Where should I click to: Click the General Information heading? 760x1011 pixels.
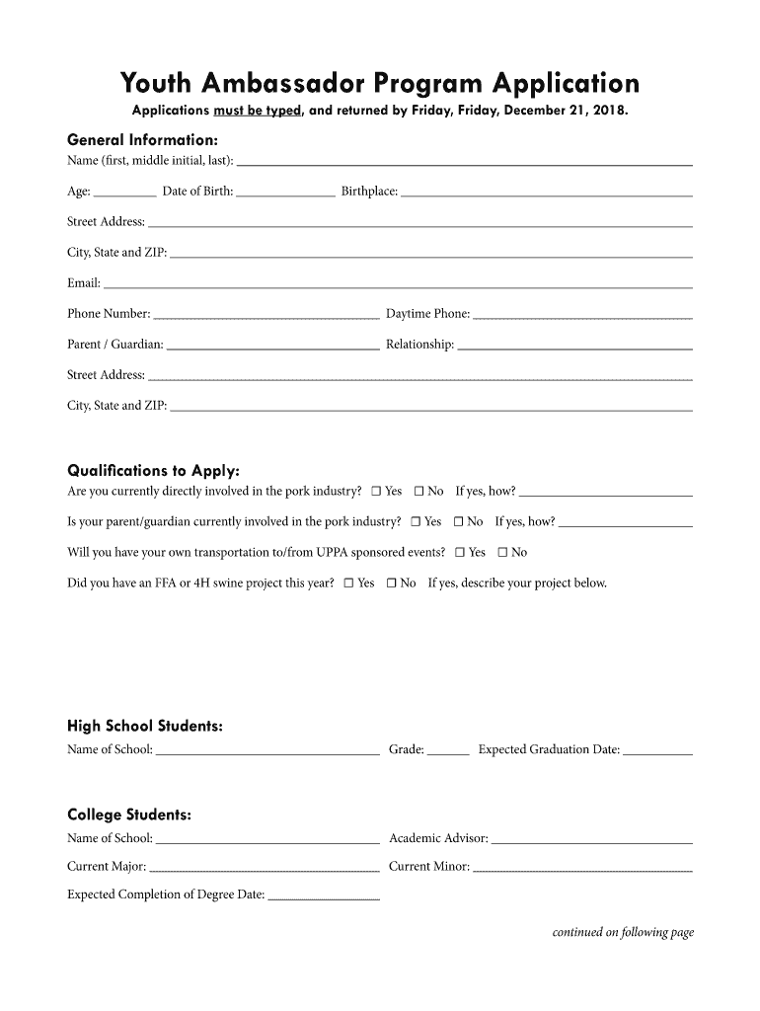click(x=142, y=139)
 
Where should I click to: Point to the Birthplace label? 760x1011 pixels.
click(x=369, y=192)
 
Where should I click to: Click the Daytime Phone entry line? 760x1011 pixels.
click(x=582, y=317)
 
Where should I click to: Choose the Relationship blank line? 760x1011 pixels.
click(x=574, y=348)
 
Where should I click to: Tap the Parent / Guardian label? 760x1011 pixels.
click(x=115, y=345)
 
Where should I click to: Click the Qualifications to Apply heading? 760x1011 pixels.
click(x=153, y=470)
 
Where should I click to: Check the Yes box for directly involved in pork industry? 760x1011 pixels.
click(x=376, y=492)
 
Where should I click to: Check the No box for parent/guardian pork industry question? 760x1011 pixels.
click(x=459, y=522)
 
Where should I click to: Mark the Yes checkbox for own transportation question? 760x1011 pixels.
click(x=460, y=553)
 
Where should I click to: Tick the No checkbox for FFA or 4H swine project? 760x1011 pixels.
click(x=392, y=583)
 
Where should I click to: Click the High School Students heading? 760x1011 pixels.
click(x=144, y=727)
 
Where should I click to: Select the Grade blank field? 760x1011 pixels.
click(x=448, y=752)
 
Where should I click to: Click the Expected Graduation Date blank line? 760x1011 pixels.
click(x=658, y=752)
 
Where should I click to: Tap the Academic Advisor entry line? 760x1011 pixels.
click(x=591, y=841)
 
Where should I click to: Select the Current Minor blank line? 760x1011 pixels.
click(x=582, y=870)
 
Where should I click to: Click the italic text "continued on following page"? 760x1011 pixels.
click(x=623, y=932)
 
